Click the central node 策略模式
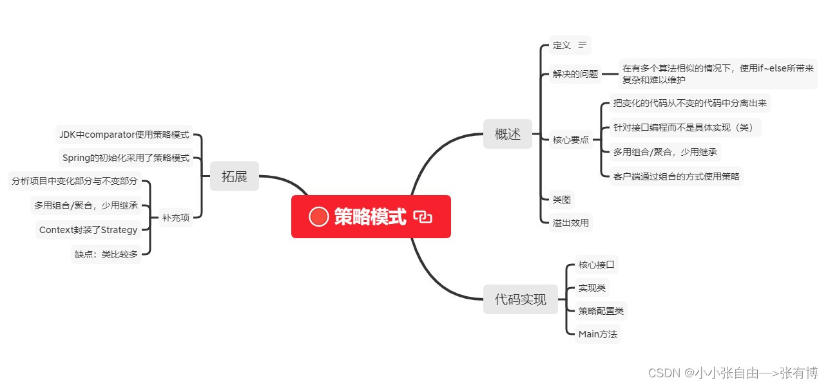(370, 217)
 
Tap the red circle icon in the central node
(319, 217)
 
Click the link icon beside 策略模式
(423, 218)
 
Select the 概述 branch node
(508, 134)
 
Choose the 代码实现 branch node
(520, 299)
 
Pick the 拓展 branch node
(235, 176)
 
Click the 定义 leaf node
(562, 45)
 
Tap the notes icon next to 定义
(582, 45)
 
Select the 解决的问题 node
(575, 74)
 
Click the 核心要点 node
(571, 140)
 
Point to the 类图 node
(562, 200)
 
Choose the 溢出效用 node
(571, 223)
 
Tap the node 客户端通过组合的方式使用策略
(676, 176)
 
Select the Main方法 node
(597, 334)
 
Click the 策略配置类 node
(601, 311)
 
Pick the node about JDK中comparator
(124, 135)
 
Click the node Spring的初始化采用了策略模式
(126, 158)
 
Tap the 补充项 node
(176, 218)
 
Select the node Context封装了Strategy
(88, 230)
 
